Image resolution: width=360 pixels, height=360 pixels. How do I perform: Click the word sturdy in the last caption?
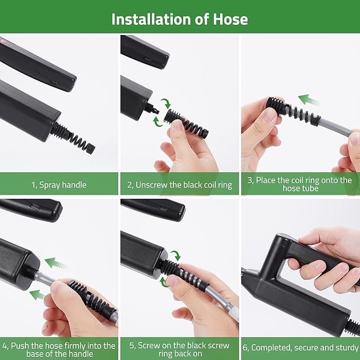(x=345, y=348)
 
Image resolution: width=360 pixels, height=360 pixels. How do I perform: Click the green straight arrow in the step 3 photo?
(x=310, y=100)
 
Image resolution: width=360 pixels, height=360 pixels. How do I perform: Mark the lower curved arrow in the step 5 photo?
(x=166, y=282)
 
